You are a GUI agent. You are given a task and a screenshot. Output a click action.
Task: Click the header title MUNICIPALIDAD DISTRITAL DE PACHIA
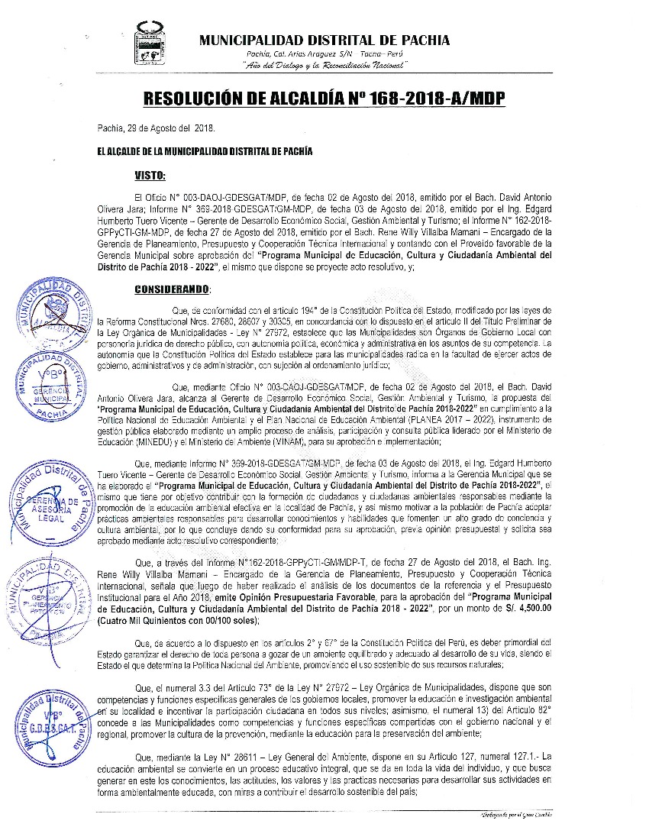pyautogui.click(x=324, y=40)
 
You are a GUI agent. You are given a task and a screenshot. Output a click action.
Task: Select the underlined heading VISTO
pyautogui.click(x=150, y=176)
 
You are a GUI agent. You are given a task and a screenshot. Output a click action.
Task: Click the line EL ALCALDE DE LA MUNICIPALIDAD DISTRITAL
pyautogui.click(x=205, y=151)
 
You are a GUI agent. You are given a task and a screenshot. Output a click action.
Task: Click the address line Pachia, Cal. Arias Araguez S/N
pyautogui.click(x=324, y=56)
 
